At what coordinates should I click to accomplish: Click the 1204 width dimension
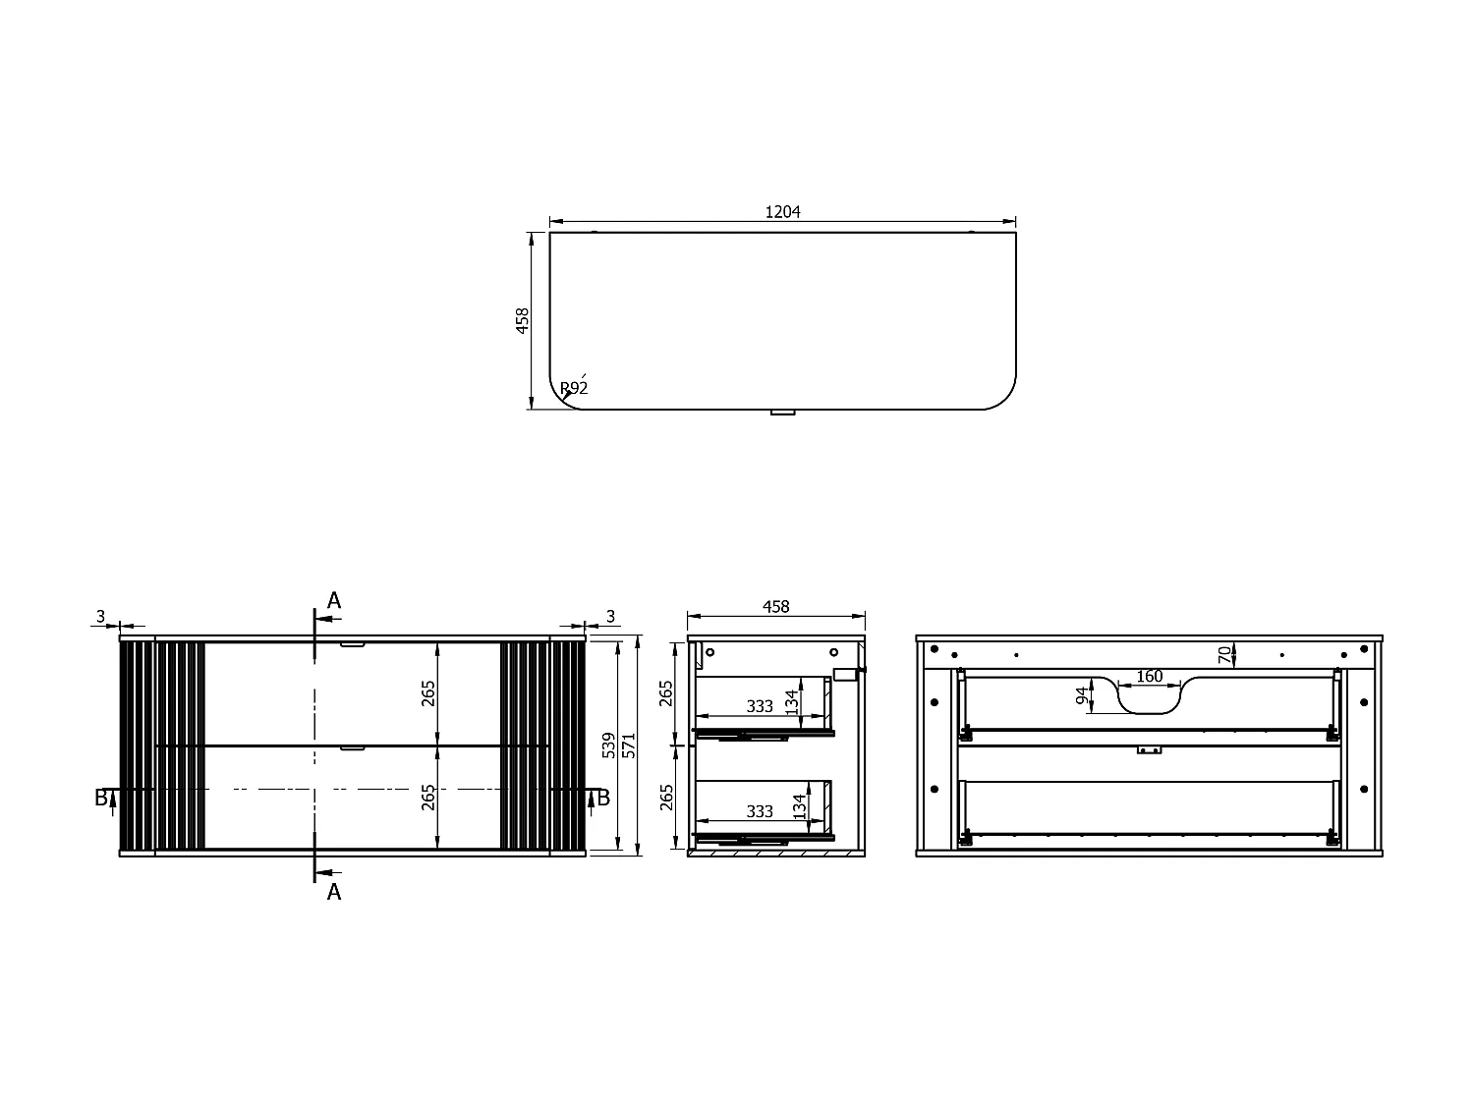(x=782, y=212)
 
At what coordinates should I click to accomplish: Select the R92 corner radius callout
(x=574, y=388)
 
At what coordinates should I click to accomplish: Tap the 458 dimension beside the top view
(x=522, y=321)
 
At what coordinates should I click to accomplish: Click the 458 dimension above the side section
(x=775, y=606)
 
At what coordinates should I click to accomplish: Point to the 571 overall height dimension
(x=629, y=746)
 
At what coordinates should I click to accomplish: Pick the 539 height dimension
(x=608, y=746)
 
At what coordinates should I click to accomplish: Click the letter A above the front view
(x=334, y=600)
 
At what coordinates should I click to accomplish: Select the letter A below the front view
(x=334, y=892)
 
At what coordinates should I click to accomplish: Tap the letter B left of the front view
(x=101, y=798)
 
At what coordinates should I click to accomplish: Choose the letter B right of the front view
(x=603, y=798)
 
